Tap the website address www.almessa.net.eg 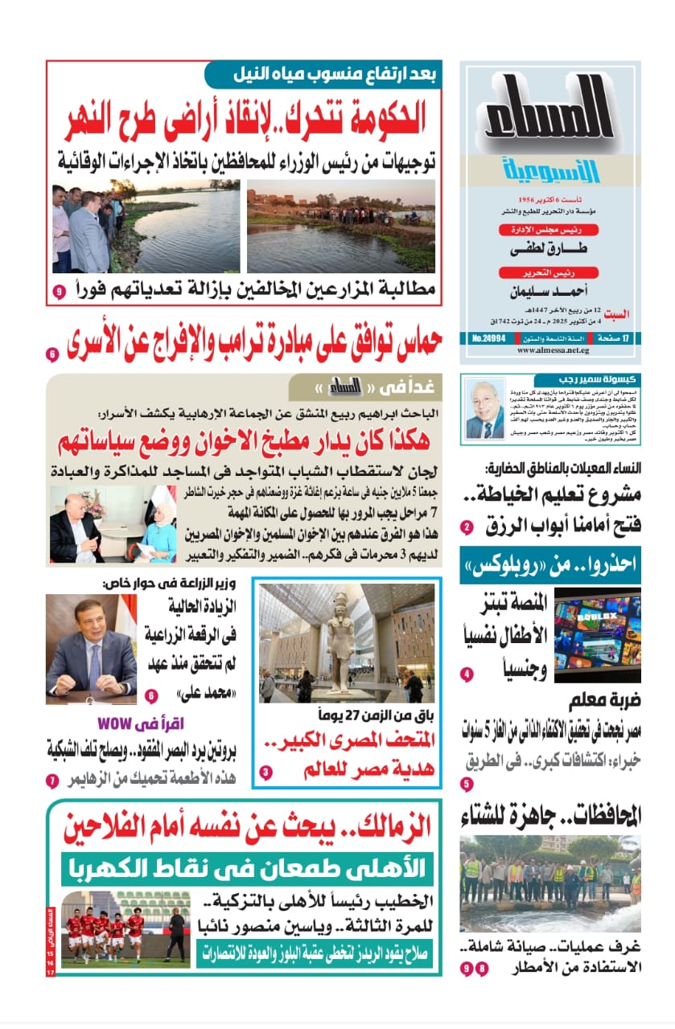[x=550, y=361]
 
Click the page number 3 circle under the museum [x=267, y=773]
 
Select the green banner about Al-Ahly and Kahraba [x=247, y=868]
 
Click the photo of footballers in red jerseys [x=125, y=929]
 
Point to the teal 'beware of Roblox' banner [x=550, y=564]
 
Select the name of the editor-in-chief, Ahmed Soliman [x=551, y=292]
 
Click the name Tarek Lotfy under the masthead [x=551, y=251]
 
